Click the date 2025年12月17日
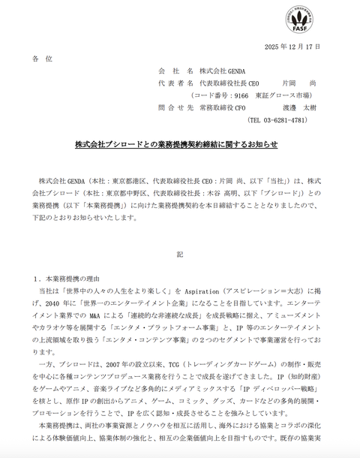coord(293,47)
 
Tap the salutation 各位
coord(43,59)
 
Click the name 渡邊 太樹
coord(307,107)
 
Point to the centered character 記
coord(180,255)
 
